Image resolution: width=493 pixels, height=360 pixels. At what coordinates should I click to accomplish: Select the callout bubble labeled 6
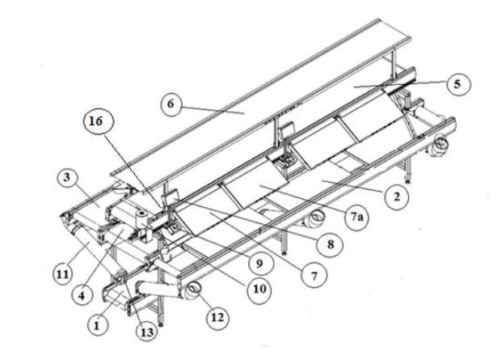[x=171, y=104]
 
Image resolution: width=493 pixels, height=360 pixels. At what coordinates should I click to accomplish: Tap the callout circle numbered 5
[x=458, y=84]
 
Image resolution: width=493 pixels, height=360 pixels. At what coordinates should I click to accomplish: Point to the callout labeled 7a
[x=356, y=217]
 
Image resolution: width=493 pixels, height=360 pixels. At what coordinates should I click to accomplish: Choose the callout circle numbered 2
[x=397, y=197]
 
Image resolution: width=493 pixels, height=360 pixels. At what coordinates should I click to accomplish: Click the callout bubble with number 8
[x=330, y=244]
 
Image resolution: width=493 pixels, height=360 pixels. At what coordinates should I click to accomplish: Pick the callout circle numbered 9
[x=260, y=263]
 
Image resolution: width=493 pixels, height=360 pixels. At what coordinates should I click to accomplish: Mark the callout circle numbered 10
[x=259, y=289]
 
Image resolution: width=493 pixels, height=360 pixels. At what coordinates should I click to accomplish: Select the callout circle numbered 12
[x=217, y=317]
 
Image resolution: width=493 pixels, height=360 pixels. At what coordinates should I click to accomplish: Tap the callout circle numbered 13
[x=147, y=332]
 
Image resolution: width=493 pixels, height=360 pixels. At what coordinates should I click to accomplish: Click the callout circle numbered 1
[x=97, y=325]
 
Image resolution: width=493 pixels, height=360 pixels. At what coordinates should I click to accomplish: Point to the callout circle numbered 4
[x=82, y=296]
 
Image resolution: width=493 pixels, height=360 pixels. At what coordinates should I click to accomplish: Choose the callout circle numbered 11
[x=62, y=275]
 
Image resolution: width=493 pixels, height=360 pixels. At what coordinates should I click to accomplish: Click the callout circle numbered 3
[x=66, y=177]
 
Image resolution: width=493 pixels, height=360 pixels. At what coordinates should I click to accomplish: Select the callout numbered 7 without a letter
[x=314, y=276]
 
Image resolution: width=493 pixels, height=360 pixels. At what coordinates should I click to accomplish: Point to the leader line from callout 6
[x=213, y=110]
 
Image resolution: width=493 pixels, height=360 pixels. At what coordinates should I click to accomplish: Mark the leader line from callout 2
[x=355, y=187]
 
